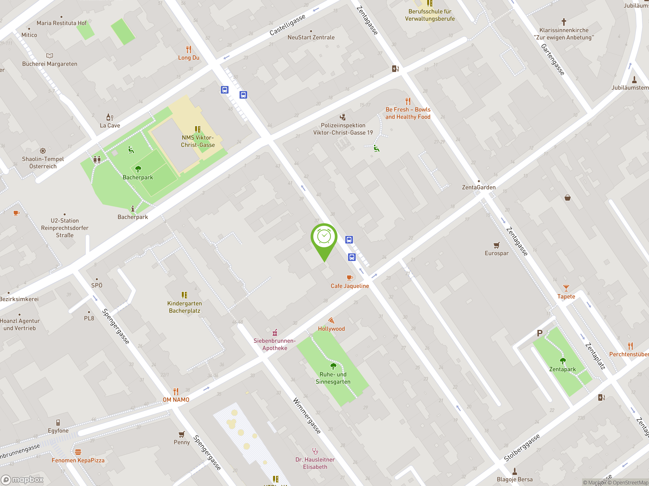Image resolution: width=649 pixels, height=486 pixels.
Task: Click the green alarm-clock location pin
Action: click(x=324, y=237)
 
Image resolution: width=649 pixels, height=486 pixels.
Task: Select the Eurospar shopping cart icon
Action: click(x=496, y=245)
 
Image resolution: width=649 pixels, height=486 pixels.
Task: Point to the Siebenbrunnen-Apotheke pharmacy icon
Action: click(x=275, y=333)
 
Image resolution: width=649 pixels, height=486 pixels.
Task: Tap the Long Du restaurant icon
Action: click(x=189, y=50)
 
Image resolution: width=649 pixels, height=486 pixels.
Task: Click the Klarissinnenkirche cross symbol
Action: click(x=564, y=22)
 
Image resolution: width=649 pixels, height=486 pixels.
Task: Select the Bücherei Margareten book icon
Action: click(x=50, y=56)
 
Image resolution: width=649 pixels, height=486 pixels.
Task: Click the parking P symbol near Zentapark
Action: click(x=539, y=333)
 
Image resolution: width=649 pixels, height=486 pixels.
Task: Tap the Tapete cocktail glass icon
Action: click(x=566, y=288)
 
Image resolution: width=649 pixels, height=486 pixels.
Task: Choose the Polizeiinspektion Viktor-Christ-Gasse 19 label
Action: click(x=343, y=129)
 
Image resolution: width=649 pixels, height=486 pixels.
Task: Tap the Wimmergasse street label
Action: click(x=307, y=416)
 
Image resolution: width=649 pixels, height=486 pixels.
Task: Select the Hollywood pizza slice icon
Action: click(x=331, y=320)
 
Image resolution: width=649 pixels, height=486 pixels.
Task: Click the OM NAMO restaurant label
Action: click(x=176, y=400)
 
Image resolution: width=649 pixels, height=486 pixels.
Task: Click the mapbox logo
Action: click(x=23, y=480)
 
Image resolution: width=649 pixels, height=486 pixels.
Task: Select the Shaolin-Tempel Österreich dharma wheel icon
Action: click(x=43, y=151)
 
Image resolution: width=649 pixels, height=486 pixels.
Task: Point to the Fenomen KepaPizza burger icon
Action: click(x=78, y=452)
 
